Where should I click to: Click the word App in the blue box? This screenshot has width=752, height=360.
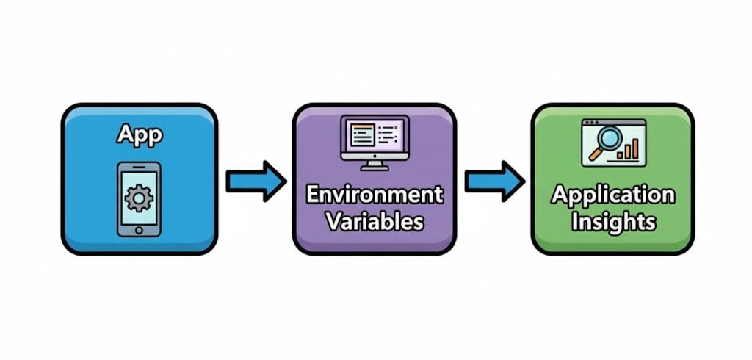click(x=139, y=136)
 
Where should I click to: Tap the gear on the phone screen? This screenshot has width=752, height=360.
click(x=139, y=198)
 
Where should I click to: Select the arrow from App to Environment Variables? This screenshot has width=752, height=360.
click(x=255, y=181)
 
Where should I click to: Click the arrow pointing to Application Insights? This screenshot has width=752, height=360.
click(x=494, y=181)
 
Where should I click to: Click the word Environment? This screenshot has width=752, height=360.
click(x=374, y=195)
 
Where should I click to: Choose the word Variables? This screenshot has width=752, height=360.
click(x=374, y=220)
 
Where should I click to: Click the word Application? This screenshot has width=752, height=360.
click(x=612, y=196)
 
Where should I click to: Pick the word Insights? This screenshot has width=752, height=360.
click(x=612, y=221)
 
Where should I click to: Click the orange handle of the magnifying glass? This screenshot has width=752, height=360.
click(x=593, y=156)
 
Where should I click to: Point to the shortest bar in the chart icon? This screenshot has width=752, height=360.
click(x=621, y=156)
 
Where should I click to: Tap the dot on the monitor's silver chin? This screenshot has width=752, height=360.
click(x=375, y=156)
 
